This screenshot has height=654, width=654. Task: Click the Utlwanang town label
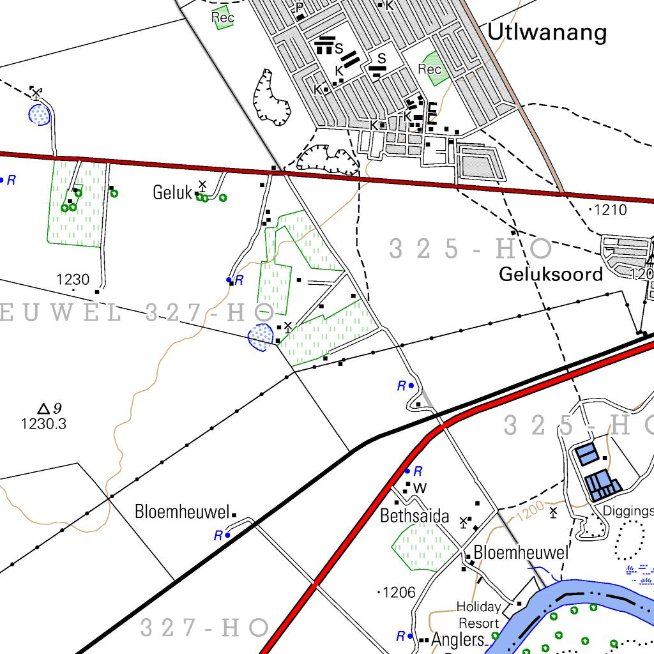click(546, 32)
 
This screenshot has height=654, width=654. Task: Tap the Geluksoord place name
click(551, 274)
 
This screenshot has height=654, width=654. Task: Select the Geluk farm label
click(172, 192)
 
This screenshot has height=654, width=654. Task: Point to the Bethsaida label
click(414, 515)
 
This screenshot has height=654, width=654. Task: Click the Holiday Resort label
click(478, 614)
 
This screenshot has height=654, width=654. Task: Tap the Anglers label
click(458, 639)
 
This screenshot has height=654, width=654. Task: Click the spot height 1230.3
click(43, 423)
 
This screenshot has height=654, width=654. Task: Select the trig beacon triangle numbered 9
click(43, 409)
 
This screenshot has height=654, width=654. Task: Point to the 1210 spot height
click(610, 209)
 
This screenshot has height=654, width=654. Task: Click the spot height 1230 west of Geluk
click(73, 279)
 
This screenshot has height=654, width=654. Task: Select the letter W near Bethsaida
click(420, 489)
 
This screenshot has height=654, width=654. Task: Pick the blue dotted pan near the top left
click(40, 115)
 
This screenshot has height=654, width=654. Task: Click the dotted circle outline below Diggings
click(630, 540)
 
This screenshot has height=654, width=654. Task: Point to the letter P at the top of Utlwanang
click(299, 8)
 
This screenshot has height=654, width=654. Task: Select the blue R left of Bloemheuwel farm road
click(218, 535)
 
